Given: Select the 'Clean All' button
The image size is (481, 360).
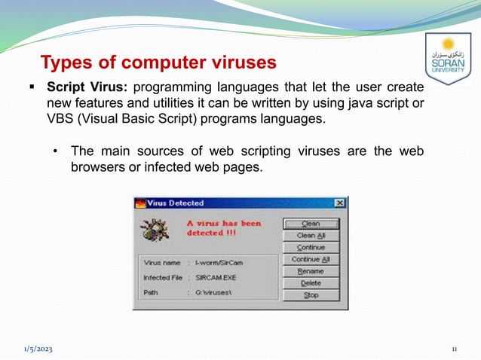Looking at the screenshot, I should (311, 236).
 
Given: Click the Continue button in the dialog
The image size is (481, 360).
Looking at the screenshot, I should (311, 248).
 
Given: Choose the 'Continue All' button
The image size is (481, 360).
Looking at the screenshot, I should (311, 260).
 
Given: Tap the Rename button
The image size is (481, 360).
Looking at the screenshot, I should (311, 271).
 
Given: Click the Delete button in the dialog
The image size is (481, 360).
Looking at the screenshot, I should (311, 283).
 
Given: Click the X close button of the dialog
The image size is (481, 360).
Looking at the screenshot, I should (340, 203).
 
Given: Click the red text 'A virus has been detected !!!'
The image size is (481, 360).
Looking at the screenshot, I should (224, 228).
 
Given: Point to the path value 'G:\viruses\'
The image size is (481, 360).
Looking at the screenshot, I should (214, 292).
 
